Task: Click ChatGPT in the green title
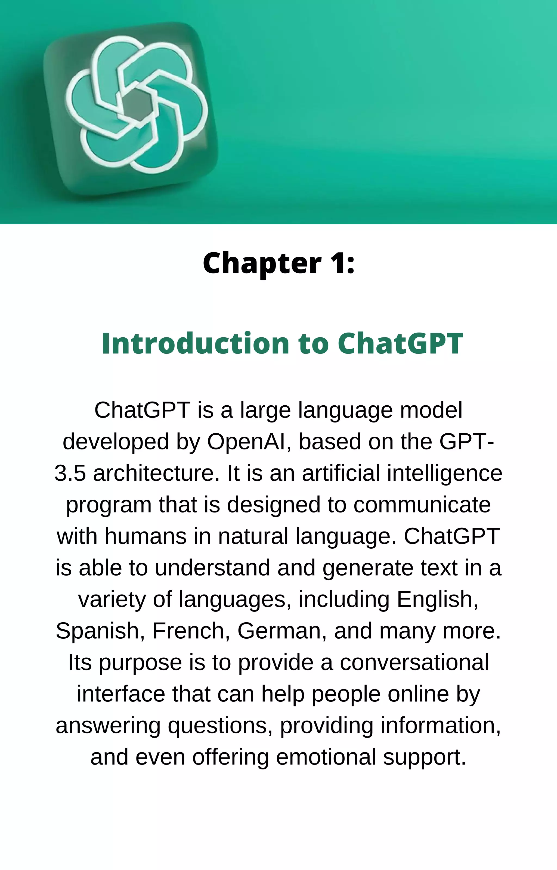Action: [400, 343]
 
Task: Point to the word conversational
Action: [414, 662]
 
